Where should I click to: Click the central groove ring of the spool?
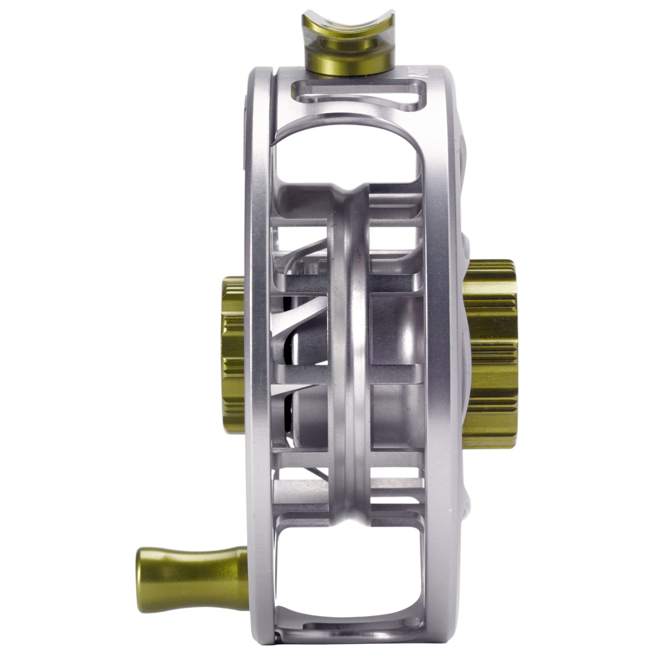[352, 338]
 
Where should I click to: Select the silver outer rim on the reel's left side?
[257, 338]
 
